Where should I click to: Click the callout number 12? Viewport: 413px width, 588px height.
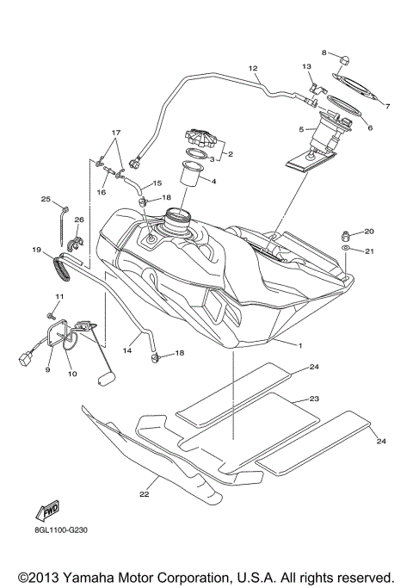[x=253, y=67]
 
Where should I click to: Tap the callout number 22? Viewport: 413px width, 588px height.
[x=145, y=494]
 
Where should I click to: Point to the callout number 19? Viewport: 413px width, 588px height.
[x=37, y=250]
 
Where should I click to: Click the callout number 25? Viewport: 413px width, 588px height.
[x=46, y=199]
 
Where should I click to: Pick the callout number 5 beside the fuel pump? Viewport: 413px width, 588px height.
[x=300, y=129]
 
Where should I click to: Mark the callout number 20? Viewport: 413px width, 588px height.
[x=369, y=231]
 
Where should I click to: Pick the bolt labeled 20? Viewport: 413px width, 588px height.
[x=345, y=233]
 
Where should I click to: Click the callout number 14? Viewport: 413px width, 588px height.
[x=126, y=351]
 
